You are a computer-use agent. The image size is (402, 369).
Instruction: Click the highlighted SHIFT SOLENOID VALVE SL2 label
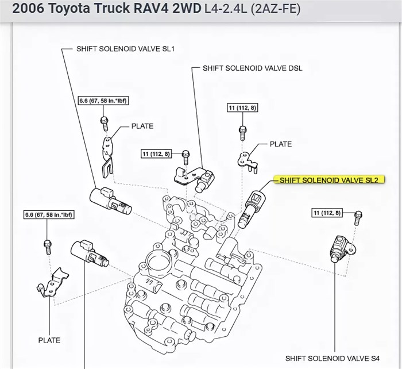328,180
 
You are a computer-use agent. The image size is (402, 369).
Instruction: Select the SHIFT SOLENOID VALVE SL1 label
125,49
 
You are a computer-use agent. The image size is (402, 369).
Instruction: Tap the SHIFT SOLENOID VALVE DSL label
252,68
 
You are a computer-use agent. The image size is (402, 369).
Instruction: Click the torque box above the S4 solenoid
327,213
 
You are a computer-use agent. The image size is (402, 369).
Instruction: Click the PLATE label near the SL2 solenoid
281,144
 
